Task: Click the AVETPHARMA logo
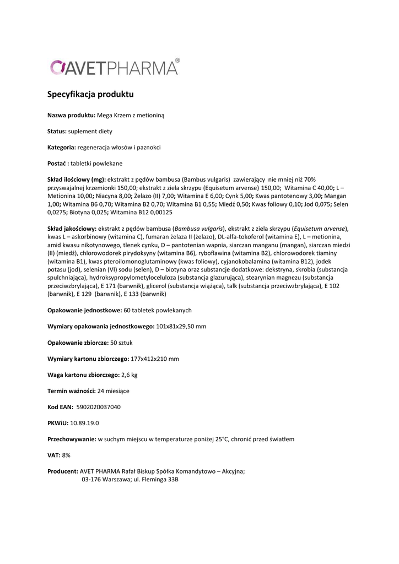pos(115,67)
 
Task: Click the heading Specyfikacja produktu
pos(90,94)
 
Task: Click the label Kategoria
pos(62,147)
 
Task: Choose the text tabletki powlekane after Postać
pos(96,164)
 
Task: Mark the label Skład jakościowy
pos(72,228)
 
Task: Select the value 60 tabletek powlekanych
pos(158,310)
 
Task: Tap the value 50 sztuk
pos(121,343)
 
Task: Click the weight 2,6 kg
pos(130,375)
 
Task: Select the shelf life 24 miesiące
pos(114,391)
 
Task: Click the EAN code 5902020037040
pos(99,407)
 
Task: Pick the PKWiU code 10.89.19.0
pos(85,423)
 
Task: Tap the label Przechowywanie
pos(72,440)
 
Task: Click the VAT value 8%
pos(66,455)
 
